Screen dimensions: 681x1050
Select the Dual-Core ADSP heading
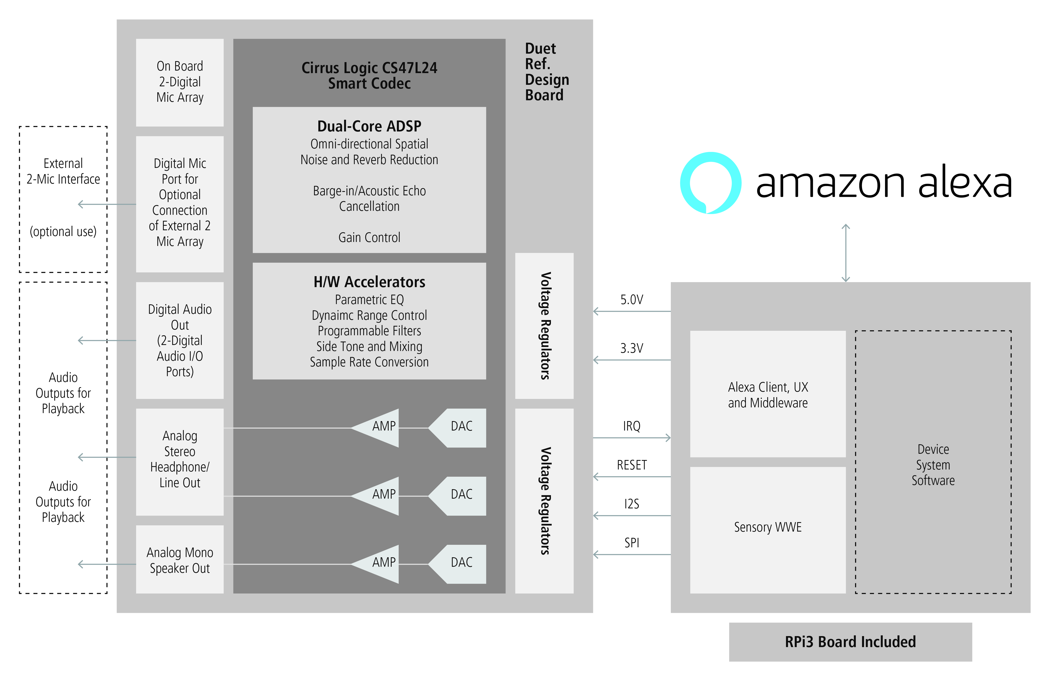pos(369,126)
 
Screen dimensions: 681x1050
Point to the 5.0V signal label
pos(631,300)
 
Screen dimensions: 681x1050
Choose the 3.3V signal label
pos(631,348)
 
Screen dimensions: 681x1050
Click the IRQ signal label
pos(631,426)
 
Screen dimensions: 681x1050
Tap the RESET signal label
pos(631,465)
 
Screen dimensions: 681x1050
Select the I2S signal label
pos(631,504)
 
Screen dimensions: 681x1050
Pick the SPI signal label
pos(631,542)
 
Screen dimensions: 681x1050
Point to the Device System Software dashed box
pos(933,463)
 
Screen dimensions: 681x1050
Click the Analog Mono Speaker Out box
pos(179,560)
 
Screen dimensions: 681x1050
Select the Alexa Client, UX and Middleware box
pos(768,395)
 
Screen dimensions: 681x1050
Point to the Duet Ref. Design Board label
pos(546,72)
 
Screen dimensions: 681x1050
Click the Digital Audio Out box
pos(179,340)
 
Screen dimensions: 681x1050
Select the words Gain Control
pos(369,237)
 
